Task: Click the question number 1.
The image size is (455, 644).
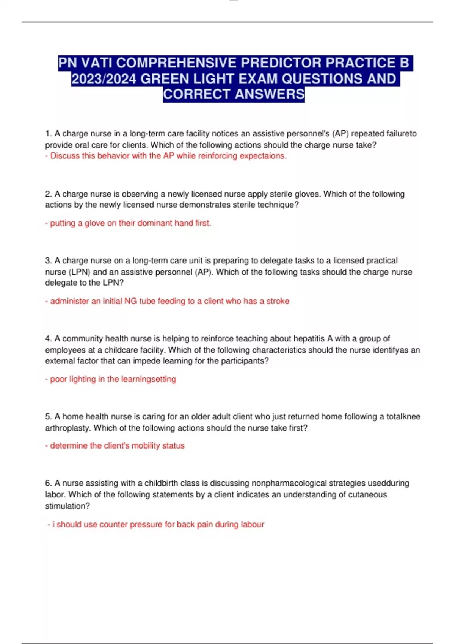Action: tap(48, 134)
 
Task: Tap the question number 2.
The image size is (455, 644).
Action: tap(48, 194)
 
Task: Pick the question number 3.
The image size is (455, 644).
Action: tap(48, 261)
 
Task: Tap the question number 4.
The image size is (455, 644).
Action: tap(48, 339)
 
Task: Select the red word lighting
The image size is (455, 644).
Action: tap(82, 379)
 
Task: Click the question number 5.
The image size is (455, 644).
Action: tap(48, 417)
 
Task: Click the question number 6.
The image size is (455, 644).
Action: tap(48, 483)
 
